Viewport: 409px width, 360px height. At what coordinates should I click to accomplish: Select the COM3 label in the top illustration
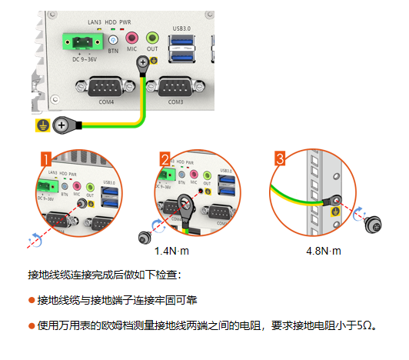(175, 102)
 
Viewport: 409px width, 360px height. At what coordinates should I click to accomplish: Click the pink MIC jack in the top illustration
(132, 38)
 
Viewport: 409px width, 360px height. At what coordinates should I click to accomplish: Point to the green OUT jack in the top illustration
(152, 38)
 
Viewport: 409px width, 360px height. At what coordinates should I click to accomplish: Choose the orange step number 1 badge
(47, 159)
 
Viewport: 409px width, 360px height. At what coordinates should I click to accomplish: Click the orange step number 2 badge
(165, 159)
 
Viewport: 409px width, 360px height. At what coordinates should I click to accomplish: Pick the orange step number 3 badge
(281, 159)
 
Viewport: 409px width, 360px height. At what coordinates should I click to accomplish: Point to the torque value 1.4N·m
(171, 251)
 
